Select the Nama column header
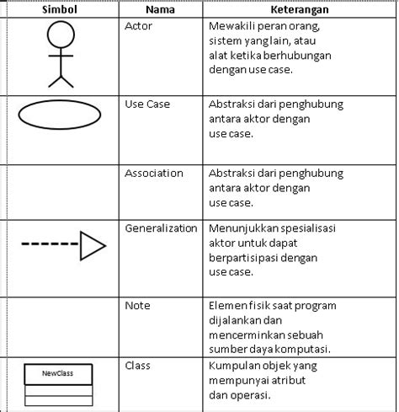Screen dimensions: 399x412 coord(160,10)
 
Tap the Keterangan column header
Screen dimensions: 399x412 coord(299,10)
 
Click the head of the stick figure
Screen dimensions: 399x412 coord(61,35)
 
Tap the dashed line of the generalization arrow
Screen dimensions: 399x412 coord(50,245)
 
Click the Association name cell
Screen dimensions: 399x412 coord(154,173)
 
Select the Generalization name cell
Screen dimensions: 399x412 coord(161,228)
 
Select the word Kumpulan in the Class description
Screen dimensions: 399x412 coord(234,366)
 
